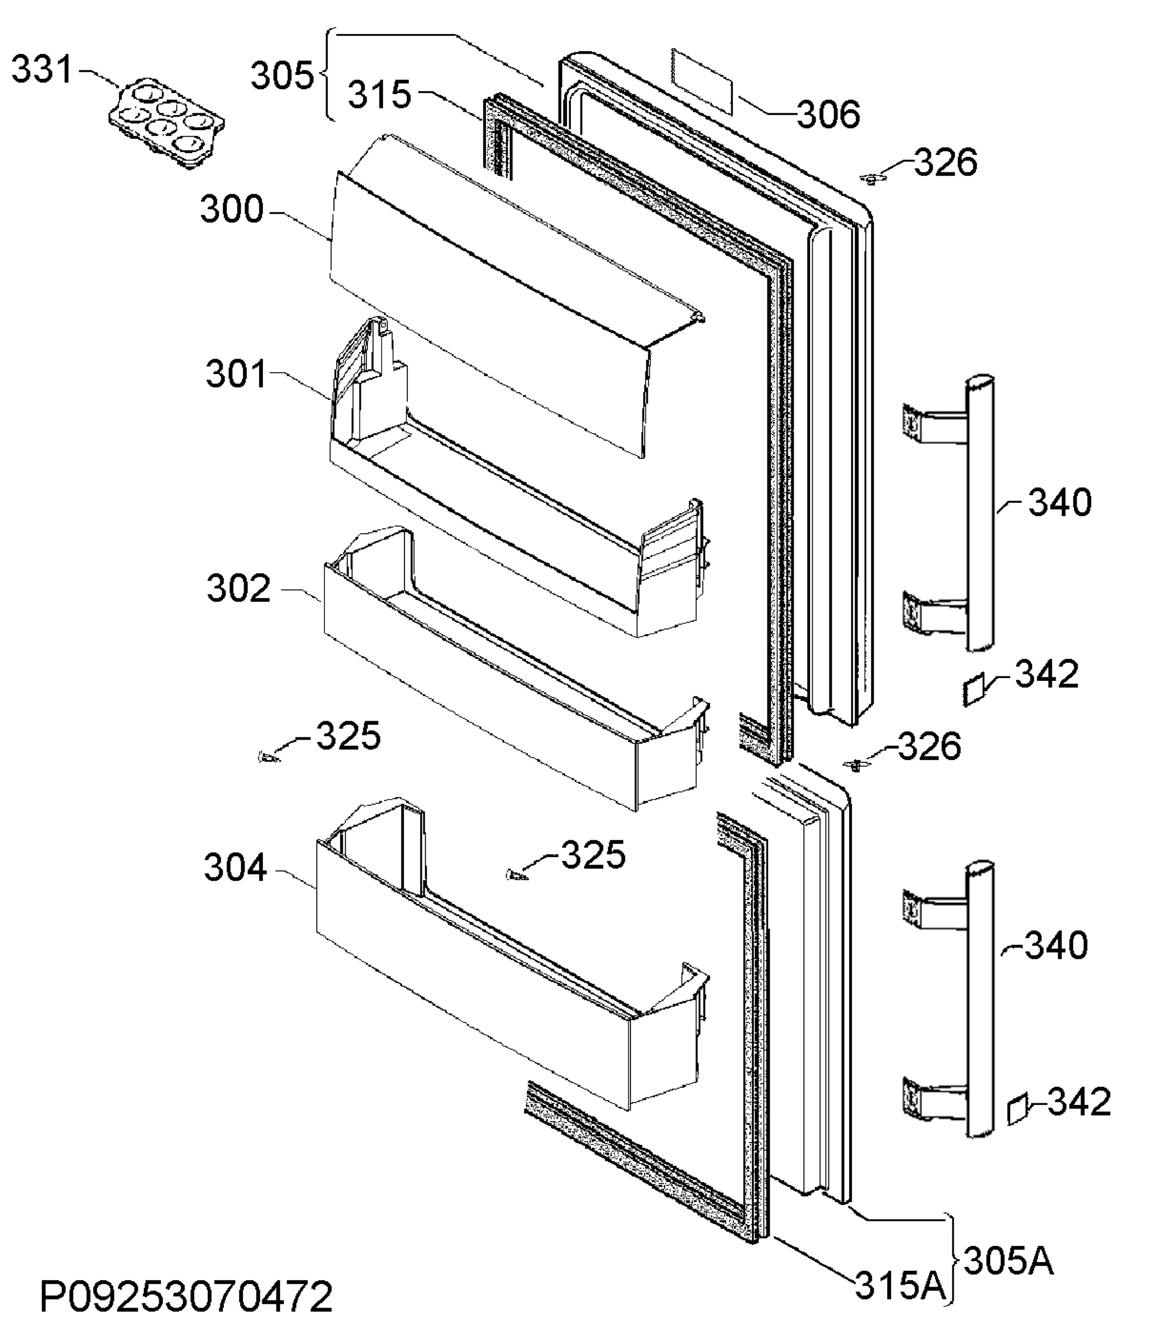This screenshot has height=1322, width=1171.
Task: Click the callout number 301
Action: pyautogui.click(x=236, y=374)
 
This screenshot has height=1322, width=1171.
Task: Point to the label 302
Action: pyautogui.click(x=238, y=588)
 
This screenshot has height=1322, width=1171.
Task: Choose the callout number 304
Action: pyautogui.click(x=235, y=868)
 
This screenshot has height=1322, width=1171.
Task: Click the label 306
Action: pyautogui.click(x=829, y=115)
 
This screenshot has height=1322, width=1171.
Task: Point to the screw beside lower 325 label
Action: pyautogui.click(x=516, y=876)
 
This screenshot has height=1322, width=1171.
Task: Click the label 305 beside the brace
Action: pyautogui.click(x=282, y=75)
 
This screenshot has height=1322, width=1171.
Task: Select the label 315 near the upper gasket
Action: pyautogui.click(x=380, y=94)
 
